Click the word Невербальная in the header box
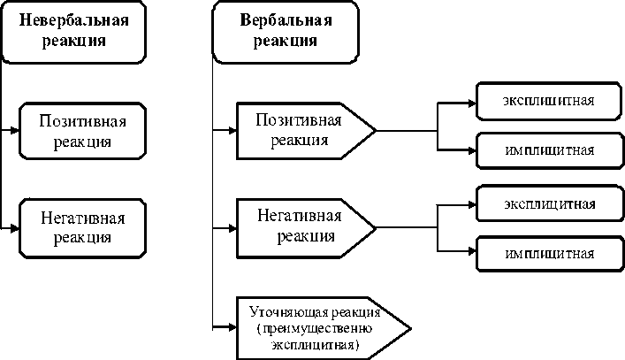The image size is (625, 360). click(x=74, y=20)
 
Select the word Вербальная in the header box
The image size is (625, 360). click(x=286, y=20)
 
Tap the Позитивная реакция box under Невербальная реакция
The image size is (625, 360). click(x=82, y=131)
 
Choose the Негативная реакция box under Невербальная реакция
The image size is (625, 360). click(x=82, y=228)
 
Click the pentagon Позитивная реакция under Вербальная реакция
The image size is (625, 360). click(x=306, y=131)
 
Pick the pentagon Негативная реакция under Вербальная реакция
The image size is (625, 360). click(x=306, y=228)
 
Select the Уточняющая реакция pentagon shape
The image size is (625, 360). click(x=324, y=328)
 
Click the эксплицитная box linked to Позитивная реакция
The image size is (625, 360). click(x=549, y=101)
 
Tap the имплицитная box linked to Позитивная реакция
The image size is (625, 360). click(x=550, y=150)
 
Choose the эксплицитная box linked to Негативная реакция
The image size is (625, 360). click(x=550, y=203)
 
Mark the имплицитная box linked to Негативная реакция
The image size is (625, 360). click(x=550, y=254)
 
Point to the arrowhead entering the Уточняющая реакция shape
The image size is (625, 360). click(x=232, y=327)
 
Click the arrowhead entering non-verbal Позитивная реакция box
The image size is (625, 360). click(x=15, y=130)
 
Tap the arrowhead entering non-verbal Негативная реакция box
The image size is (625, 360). click(x=15, y=228)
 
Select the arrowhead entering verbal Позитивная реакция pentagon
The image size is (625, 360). click(x=232, y=130)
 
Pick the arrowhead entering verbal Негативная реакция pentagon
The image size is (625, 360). click(x=232, y=228)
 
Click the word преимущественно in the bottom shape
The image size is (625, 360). click(x=315, y=329)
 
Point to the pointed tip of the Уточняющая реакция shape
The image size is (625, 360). click(x=411, y=329)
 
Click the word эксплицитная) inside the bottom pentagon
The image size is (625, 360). click(x=316, y=345)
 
